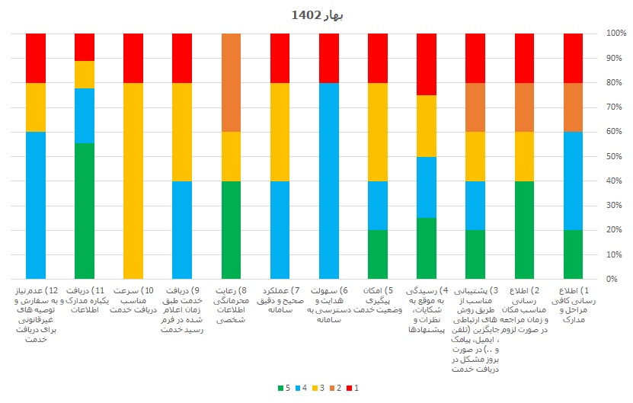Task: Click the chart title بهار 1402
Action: pos(316,14)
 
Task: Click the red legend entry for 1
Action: pos(352,389)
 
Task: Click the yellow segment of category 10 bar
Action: pos(133,181)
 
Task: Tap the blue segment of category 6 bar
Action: pos(329,181)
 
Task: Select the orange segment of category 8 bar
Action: pos(231,82)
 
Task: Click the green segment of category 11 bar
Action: pos(85,211)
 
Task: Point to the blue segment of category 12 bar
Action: pos(36,205)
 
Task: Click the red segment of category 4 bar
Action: pos(427,64)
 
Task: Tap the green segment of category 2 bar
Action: pos(524,229)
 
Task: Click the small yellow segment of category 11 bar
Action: pos(85,75)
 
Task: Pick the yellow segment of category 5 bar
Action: pos(378,132)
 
